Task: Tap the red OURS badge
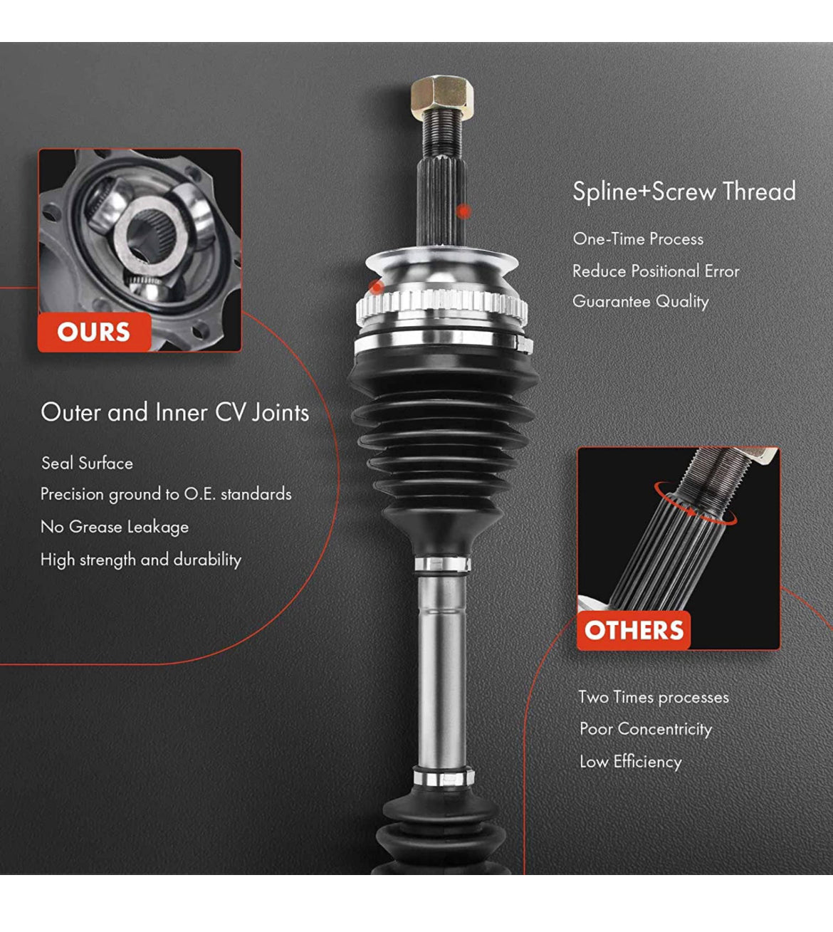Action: pyautogui.click(x=94, y=332)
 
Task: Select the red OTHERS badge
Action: pyautogui.click(x=634, y=630)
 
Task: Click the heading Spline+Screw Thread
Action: pyautogui.click(x=684, y=192)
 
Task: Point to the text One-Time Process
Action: pyautogui.click(x=638, y=239)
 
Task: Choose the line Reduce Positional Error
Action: pyautogui.click(x=656, y=271)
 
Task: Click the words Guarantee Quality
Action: pyautogui.click(x=641, y=302)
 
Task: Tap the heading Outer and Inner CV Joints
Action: pyautogui.click(x=174, y=412)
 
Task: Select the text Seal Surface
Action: pyautogui.click(x=88, y=464)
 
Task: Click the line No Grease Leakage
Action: pyautogui.click(x=115, y=527)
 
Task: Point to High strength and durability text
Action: pyautogui.click(x=141, y=560)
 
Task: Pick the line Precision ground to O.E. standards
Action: pyautogui.click(x=166, y=494)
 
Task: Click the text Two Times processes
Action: pyautogui.click(x=654, y=697)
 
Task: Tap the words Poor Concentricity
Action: pyautogui.click(x=646, y=728)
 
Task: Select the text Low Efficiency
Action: pyautogui.click(x=631, y=761)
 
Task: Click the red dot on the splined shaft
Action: pyautogui.click(x=463, y=211)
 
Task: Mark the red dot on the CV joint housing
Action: pyautogui.click(x=377, y=288)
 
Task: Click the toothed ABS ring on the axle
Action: pyautogui.click(x=441, y=306)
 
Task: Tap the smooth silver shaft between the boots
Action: pyautogui.click(x=441, y=671)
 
